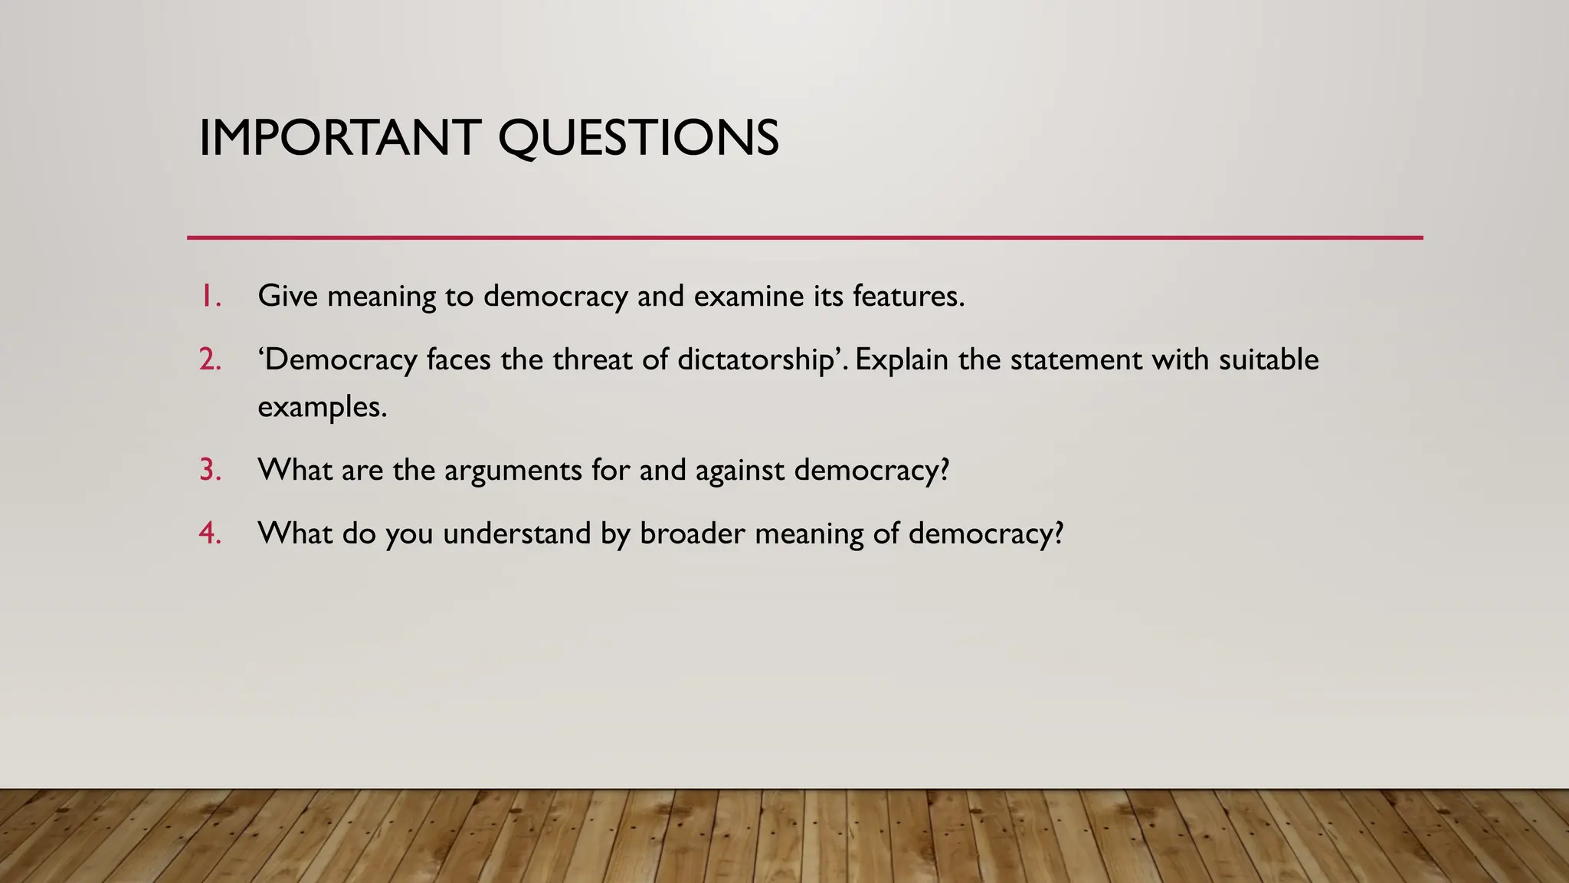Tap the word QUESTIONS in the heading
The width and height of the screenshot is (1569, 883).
[x=638, y=140]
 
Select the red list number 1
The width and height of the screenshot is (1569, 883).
[x=211, y=296]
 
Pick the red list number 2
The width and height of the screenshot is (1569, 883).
[x=210, y=359]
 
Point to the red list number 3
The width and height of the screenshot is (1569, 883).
[x=210, y=470]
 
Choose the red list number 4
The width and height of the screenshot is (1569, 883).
[x=210, y=533]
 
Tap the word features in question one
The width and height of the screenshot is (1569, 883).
[x=907, y=296]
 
